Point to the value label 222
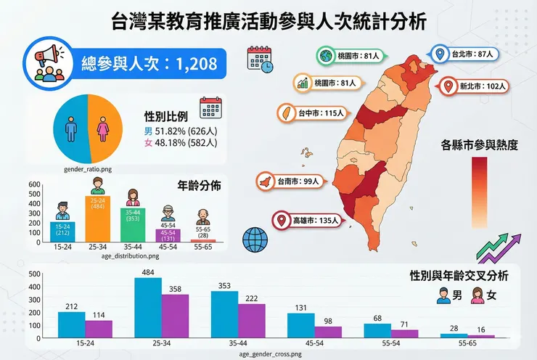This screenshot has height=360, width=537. point(252,298)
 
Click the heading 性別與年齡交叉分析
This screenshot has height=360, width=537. point(459,276)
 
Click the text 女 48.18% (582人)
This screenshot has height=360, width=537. point(177,144)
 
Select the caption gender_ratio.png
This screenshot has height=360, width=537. point(88,168)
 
